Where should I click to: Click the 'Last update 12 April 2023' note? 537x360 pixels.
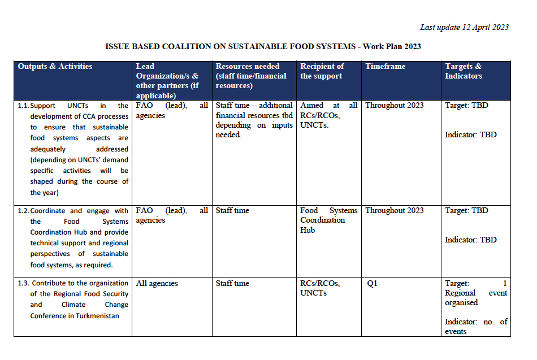[x=464, y=27]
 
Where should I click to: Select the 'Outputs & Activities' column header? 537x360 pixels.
[x=55, y=67]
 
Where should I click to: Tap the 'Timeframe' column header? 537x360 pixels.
[x=385, y=67]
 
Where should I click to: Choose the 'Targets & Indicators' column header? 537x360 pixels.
[x=463, y=71]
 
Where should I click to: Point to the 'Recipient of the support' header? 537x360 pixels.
[x=322, y=71]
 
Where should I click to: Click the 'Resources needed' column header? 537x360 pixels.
[x=251, y=76]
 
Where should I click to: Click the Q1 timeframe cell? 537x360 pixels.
[x=372, y=284]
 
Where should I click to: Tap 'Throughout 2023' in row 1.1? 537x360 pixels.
[x=394, y=106]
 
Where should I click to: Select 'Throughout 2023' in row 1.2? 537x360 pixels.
[x=394, y=211]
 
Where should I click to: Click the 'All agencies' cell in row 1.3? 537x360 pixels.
[x=157, y=284]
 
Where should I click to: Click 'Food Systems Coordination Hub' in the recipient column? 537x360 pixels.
[x=328, y=220]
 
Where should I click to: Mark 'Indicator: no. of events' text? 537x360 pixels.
[x=476, y=326]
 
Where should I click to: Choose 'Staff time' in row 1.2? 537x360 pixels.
[x=232, y=211]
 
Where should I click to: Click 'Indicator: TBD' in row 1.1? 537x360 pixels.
[x=470, y=135]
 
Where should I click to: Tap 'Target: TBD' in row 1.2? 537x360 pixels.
[x=466, y=211]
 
